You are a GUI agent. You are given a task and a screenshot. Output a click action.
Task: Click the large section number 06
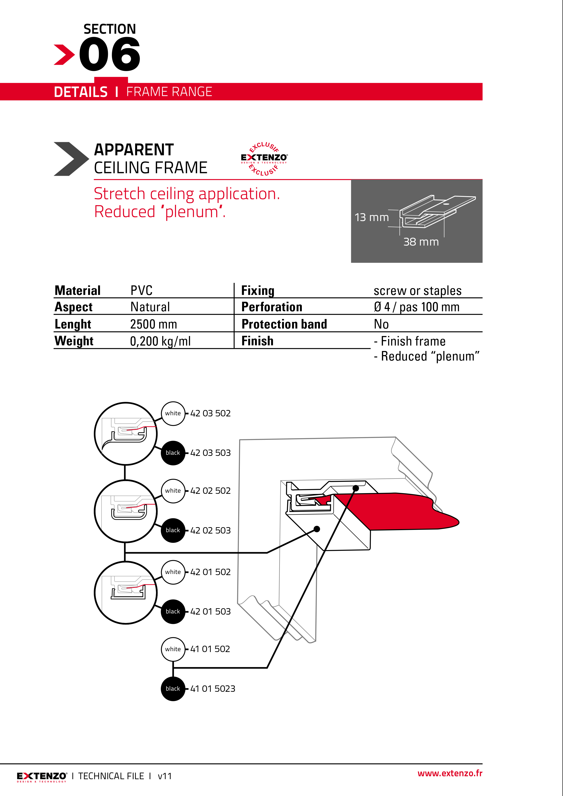click(x=110, y=54)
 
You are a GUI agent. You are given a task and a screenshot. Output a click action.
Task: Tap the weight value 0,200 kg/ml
click(x=160, y=341)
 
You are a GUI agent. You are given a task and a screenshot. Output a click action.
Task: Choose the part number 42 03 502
click(x=210, y=413)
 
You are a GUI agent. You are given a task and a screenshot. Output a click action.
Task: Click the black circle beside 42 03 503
click(x=173, y=453)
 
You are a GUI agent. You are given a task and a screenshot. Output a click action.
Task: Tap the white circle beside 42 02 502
click(x=173, y=491)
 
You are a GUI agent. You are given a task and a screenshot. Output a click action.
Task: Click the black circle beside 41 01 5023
click(x=173, y=689)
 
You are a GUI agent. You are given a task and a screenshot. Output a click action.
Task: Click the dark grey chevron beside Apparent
click(x=70, y=159)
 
